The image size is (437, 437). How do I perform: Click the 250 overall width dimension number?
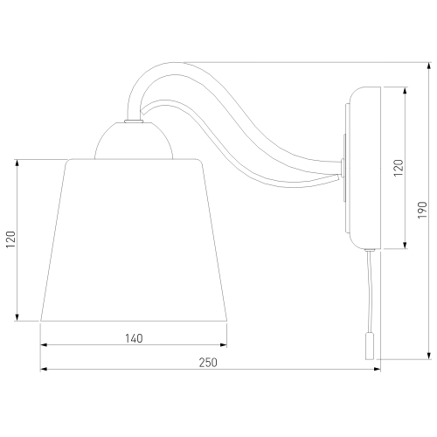208,363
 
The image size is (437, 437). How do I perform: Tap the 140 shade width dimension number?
134,338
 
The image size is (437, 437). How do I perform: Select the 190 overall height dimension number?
422,210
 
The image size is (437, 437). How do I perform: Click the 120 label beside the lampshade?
11,239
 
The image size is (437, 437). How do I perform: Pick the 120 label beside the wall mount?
399,168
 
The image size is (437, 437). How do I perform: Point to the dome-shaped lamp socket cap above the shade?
134,141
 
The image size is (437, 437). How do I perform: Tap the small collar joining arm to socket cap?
134,121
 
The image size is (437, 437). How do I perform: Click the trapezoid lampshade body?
134,240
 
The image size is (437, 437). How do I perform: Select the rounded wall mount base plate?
364,168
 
